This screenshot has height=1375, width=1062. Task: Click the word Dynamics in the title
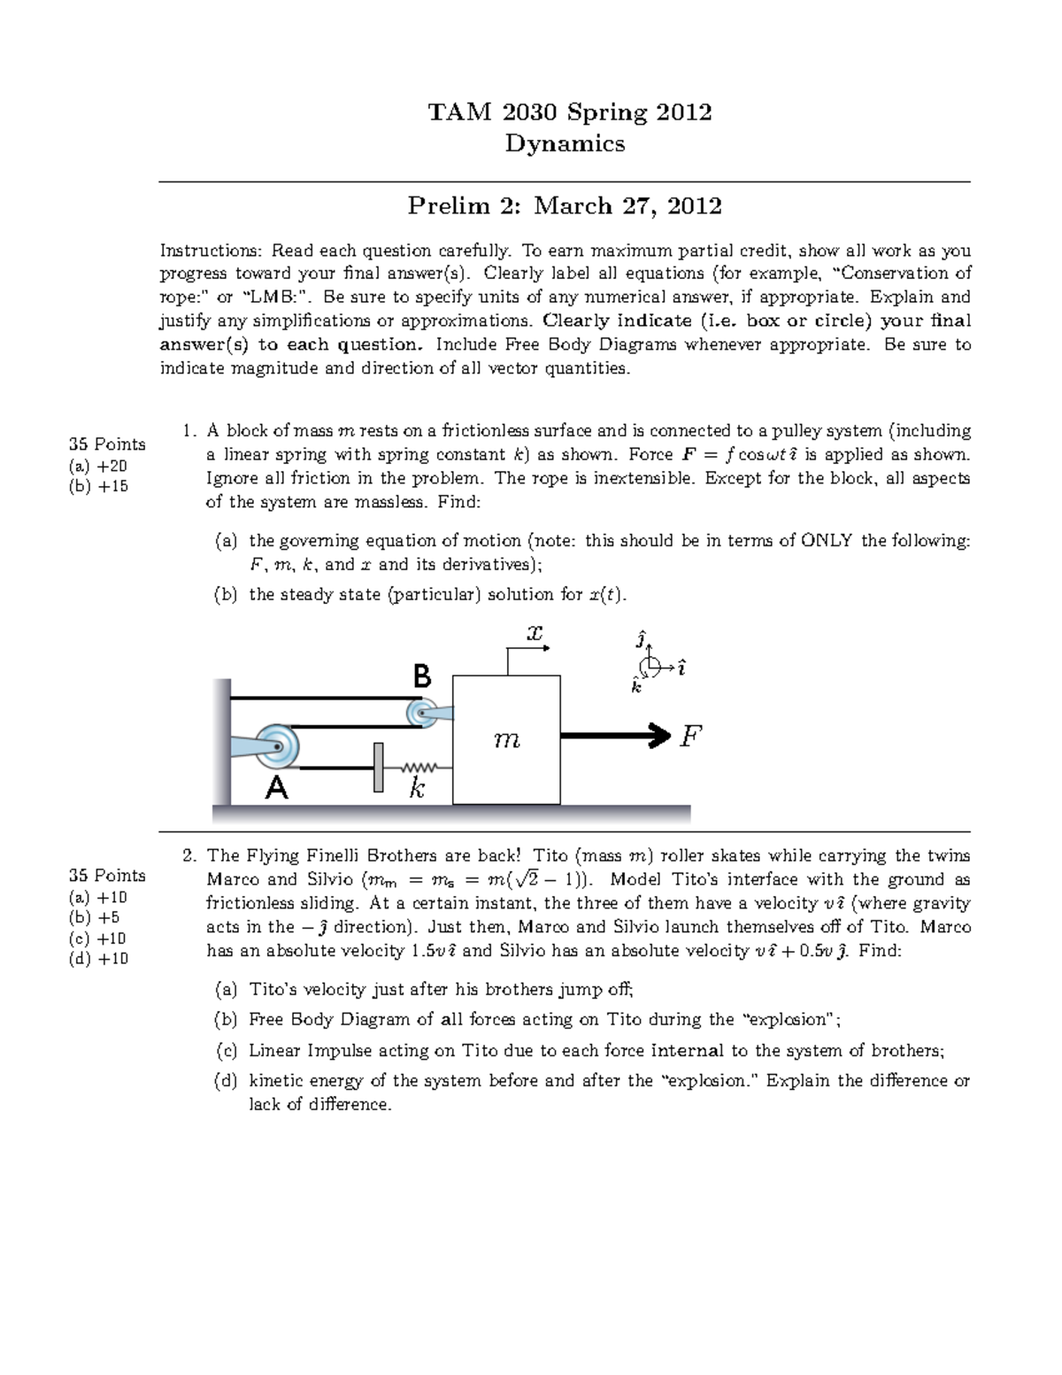tap(565, 143)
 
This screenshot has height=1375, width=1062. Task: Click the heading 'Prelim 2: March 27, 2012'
tap(565, 205)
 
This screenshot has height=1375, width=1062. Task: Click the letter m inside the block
tap(507, 740)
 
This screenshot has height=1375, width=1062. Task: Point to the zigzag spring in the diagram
tap(419, 768)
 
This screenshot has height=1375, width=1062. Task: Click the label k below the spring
tap(417, 789)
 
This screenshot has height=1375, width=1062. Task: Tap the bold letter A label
tap(277, 787)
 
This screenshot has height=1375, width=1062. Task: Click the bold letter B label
tap(422, 677)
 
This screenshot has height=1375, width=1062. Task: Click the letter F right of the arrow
tap(690, 736)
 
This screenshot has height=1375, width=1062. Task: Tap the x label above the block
tap(534, 634)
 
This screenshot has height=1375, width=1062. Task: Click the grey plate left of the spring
tap(379, 768)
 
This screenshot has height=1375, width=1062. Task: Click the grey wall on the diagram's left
tap(221, 742)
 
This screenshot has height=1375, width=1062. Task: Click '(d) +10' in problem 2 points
tap(98, 958)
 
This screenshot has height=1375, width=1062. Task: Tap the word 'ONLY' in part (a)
tap(827, 541)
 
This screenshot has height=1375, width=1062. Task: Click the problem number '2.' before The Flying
tap(189, 855)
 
